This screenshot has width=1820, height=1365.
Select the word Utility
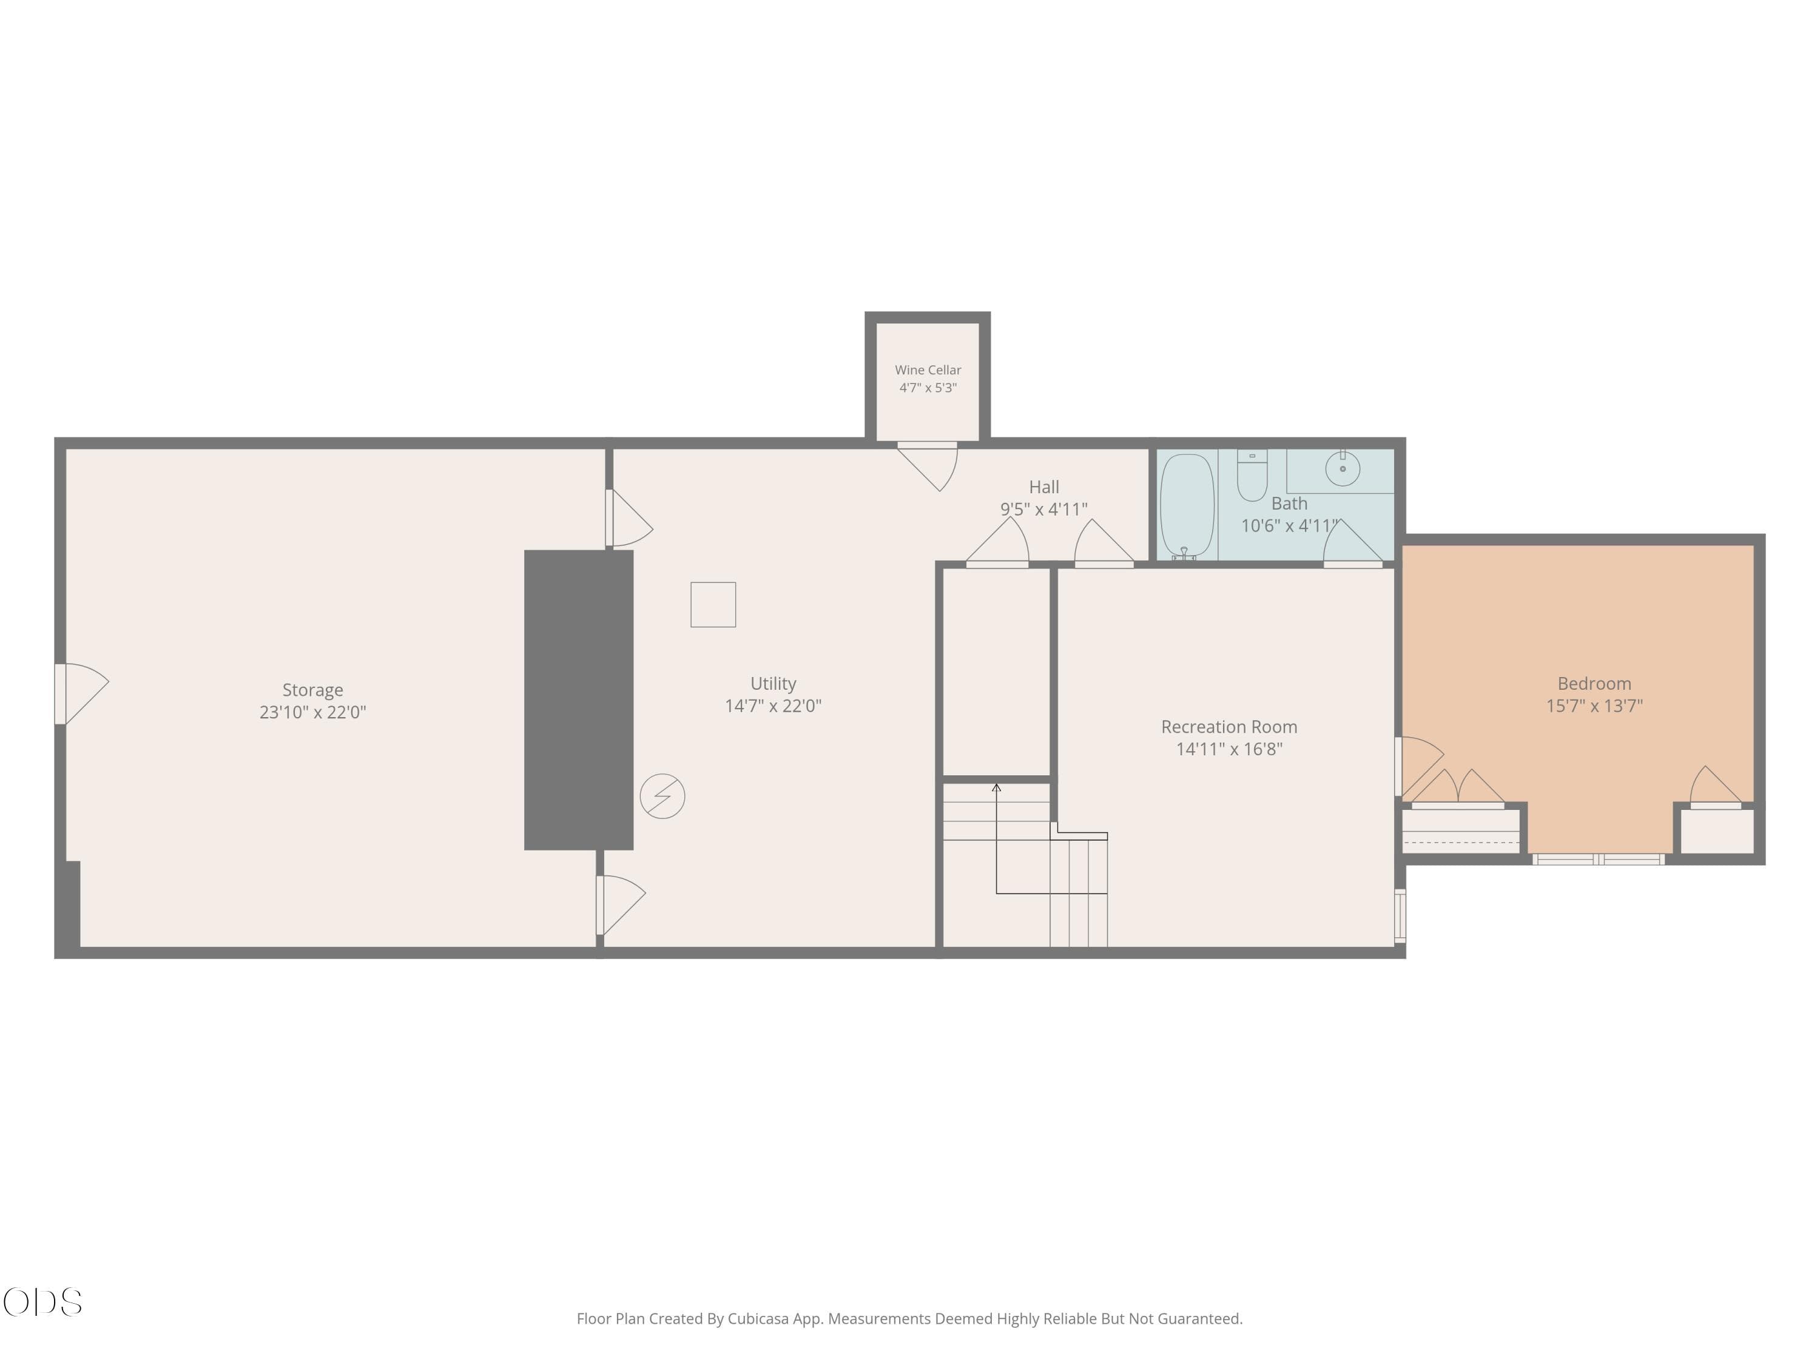point(773,684)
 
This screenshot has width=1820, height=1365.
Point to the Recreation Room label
point(1229,727)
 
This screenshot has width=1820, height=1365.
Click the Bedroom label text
point(1594,684)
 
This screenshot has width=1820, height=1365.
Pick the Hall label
point(1044,487)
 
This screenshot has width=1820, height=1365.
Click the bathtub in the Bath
point(1187,506)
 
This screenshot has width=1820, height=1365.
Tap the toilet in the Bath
point(1252,475)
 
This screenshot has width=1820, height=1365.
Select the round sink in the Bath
point(1343,468)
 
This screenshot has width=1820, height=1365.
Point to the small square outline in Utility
point(713,605)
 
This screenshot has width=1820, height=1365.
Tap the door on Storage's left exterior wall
point(81,693)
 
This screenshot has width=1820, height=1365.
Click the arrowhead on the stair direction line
point(996,787)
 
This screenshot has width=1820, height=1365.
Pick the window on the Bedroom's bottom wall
point(1598,860)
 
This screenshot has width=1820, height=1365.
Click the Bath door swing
point(1353,543)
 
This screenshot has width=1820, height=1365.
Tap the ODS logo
point(43,1303)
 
